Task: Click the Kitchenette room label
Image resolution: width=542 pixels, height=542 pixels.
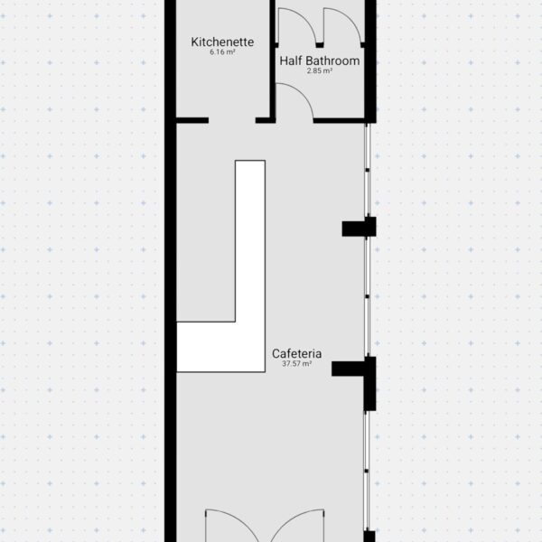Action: tap(222, 42)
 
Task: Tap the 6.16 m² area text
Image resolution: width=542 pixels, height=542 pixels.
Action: tap(222, 52)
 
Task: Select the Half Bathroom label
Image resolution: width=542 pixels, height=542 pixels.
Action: tap(320, 61)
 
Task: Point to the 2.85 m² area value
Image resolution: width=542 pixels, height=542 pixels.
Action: tap(320, 70)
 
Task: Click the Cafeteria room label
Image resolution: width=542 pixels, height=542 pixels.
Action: tap(296, 353)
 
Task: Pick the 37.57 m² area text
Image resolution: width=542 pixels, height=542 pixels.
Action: tap(296, 364)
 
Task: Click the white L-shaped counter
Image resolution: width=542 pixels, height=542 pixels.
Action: tap(250, 346)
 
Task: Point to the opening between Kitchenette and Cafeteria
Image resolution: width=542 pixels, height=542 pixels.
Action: tap(232, 120)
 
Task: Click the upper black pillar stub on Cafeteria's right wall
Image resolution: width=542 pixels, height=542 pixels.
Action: tap(359, 227)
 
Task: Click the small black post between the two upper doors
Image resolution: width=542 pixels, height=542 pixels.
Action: tap(320, 45)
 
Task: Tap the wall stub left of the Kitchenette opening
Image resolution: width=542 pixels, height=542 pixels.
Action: tap(192, 120)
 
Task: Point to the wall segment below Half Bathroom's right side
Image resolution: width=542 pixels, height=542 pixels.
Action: tap(339, 120)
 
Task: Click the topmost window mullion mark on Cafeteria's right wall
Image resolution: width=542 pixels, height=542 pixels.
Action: tap(367, 170)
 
